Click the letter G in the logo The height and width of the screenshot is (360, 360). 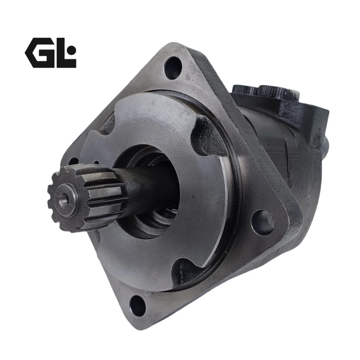tap(38, 53)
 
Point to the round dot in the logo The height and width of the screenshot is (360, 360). tap(72, 49)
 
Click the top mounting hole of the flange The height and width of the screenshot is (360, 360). tap(173, 68)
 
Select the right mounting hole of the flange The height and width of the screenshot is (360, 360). tap(263, 222)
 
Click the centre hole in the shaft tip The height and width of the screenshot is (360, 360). tap(64, 199)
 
